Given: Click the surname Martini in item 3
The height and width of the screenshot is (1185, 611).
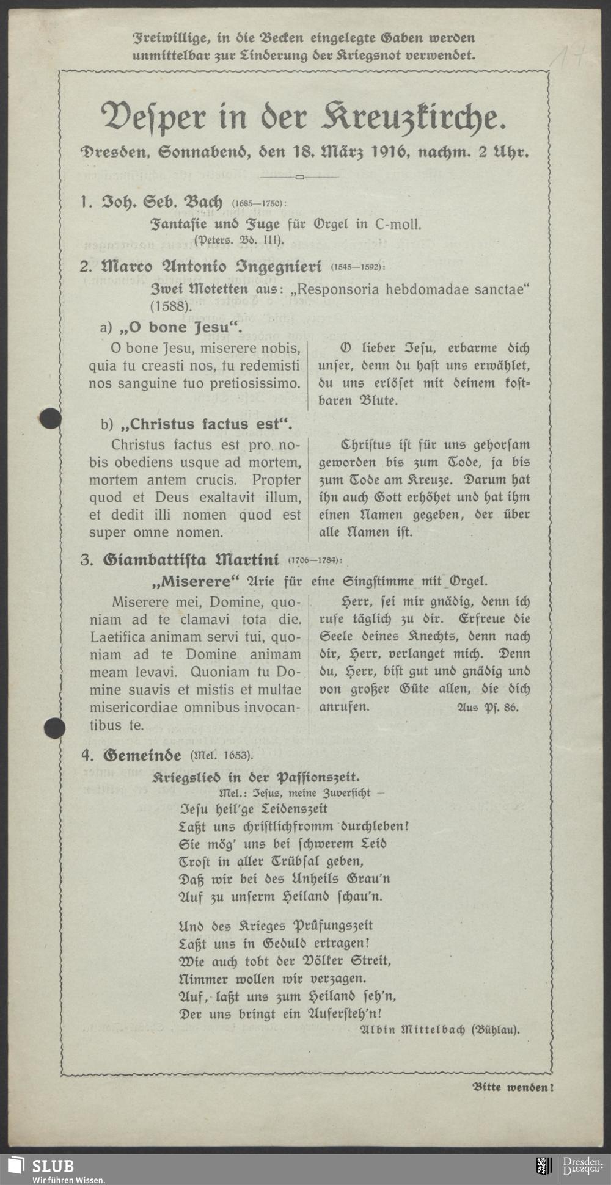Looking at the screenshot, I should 247,559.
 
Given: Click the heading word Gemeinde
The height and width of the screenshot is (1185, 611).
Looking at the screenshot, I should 142,756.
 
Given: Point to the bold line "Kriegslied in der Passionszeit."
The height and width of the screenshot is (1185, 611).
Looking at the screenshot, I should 256,777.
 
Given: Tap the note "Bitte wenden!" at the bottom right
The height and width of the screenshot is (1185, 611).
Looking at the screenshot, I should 513,1087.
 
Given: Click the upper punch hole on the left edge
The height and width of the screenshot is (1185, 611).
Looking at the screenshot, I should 49,418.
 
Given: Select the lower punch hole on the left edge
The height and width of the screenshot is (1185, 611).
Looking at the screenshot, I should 54,728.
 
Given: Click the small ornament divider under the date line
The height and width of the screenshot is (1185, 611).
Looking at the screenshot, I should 299,178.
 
